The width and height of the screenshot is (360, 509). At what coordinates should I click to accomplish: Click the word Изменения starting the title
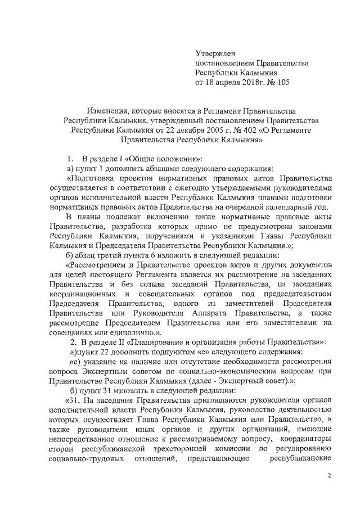click(105, 110)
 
